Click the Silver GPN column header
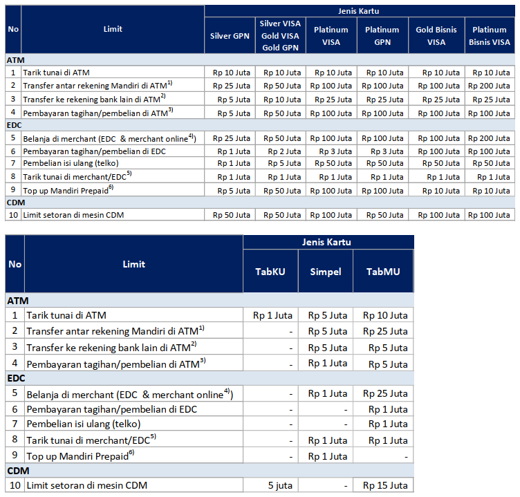point(230,36)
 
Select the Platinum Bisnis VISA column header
point(490,36)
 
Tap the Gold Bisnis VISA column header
point(436,36)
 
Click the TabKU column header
point(270,271)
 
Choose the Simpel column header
point(325,271)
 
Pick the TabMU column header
point(383,271)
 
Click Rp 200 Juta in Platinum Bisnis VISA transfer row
point(490,86)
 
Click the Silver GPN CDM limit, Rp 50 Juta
point(232,215)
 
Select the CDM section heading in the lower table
point(18,470)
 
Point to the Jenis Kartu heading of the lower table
point(327,242)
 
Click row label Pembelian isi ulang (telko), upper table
point(71,163)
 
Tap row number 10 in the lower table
point(15,485)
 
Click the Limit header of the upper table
point(113,29)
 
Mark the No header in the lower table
point(15,264)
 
